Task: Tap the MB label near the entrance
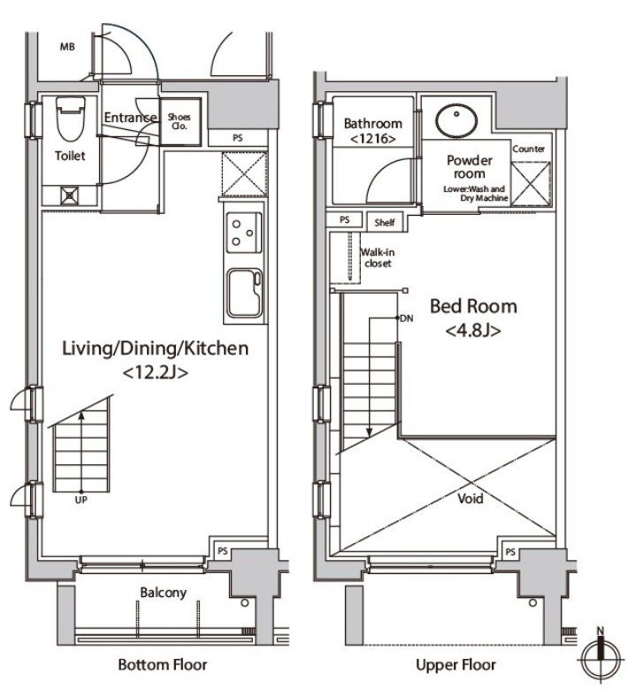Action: tap(67, 47)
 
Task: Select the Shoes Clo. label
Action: tap(179, 121)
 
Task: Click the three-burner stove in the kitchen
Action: tap(244, 233)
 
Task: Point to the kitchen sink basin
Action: tap(244, 293)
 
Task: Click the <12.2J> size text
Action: tap(155, 372)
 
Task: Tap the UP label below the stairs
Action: tap(80, 500)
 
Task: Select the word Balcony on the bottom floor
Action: tap(163, 593)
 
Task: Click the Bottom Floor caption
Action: tap(163, 665)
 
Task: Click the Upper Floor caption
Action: tap(456, 665)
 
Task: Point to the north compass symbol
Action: tap(601, 655)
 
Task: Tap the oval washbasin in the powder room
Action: tap(456, 120)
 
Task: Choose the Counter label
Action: tap(528, 149)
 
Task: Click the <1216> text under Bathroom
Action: tap(373, 139)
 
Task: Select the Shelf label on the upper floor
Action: tap(385, 222)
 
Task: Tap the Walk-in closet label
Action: tap(378, 257)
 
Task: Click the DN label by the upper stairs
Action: tap(407, 318)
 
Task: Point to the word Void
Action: tap(471, 498)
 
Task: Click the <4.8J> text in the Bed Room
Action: tap(473, 331)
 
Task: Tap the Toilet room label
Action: tap(70, 156)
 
